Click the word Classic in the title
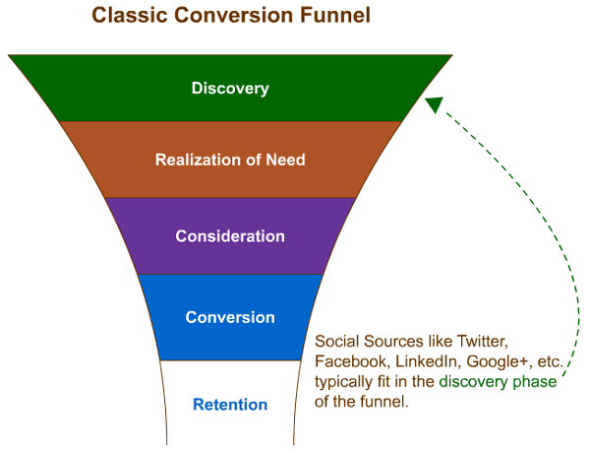127,16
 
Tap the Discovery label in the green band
230,89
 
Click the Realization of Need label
230,160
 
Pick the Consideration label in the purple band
230,236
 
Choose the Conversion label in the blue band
230,317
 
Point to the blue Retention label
230,405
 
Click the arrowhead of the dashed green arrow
435,104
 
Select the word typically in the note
344,382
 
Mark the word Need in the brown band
285,160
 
